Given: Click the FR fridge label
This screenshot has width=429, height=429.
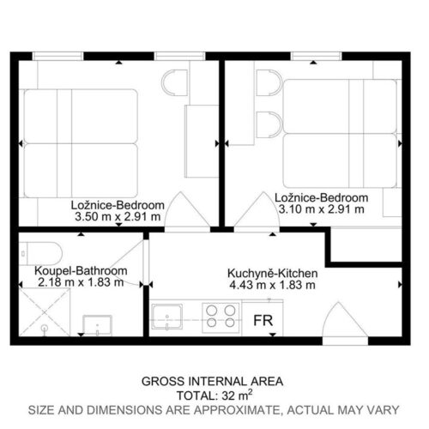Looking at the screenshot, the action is pyautogui.click(x=263, y=321).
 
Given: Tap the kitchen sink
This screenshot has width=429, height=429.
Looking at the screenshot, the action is pyautogui.click(x=167, y=317).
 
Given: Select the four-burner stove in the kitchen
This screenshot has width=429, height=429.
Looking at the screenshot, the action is pyautogui.click(x=221, y=317).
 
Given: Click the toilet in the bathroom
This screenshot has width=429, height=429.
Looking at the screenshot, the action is pyautogui.click(x=40, y=254).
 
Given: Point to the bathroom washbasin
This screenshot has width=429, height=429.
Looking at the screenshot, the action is pyautogui.click(x=97, y=325).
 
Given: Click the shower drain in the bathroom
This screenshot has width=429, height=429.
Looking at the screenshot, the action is pyautogui.click(x=45, y=328).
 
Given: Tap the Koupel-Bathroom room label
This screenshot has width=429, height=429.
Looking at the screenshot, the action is pyautogui.click(x=81, y=270).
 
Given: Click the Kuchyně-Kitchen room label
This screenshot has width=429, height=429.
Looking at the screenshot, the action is pyautogui.click(x=273, y=273).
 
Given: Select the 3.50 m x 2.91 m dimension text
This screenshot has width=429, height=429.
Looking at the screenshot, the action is pyautogui.click(x=118, y=217).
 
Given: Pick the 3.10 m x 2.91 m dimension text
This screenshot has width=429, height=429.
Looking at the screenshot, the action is pyautogui.click(x=322, y=209).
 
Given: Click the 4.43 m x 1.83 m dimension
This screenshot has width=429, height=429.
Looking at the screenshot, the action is pyautogui.click(x=273, y=285).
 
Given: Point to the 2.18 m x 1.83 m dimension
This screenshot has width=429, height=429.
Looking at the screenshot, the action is pyautogui.click(x=81, y=282).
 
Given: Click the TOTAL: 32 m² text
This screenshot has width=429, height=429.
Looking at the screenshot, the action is pyautogui.click(x=214, y=396).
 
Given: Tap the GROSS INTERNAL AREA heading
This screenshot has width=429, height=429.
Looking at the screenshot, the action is pyautogui.click(x=213, y=382).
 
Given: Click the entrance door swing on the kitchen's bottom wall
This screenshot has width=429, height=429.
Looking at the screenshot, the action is pyautogui.click(x=345, y=320).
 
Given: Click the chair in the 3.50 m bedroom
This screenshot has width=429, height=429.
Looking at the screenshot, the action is pyautogui.click(x=174, y=82).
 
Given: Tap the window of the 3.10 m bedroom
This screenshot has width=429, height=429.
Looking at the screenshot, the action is pyautogui.click(x=317, y=56).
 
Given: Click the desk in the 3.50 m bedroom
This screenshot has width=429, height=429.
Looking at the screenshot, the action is pyautogui.click(x=202, y=142).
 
